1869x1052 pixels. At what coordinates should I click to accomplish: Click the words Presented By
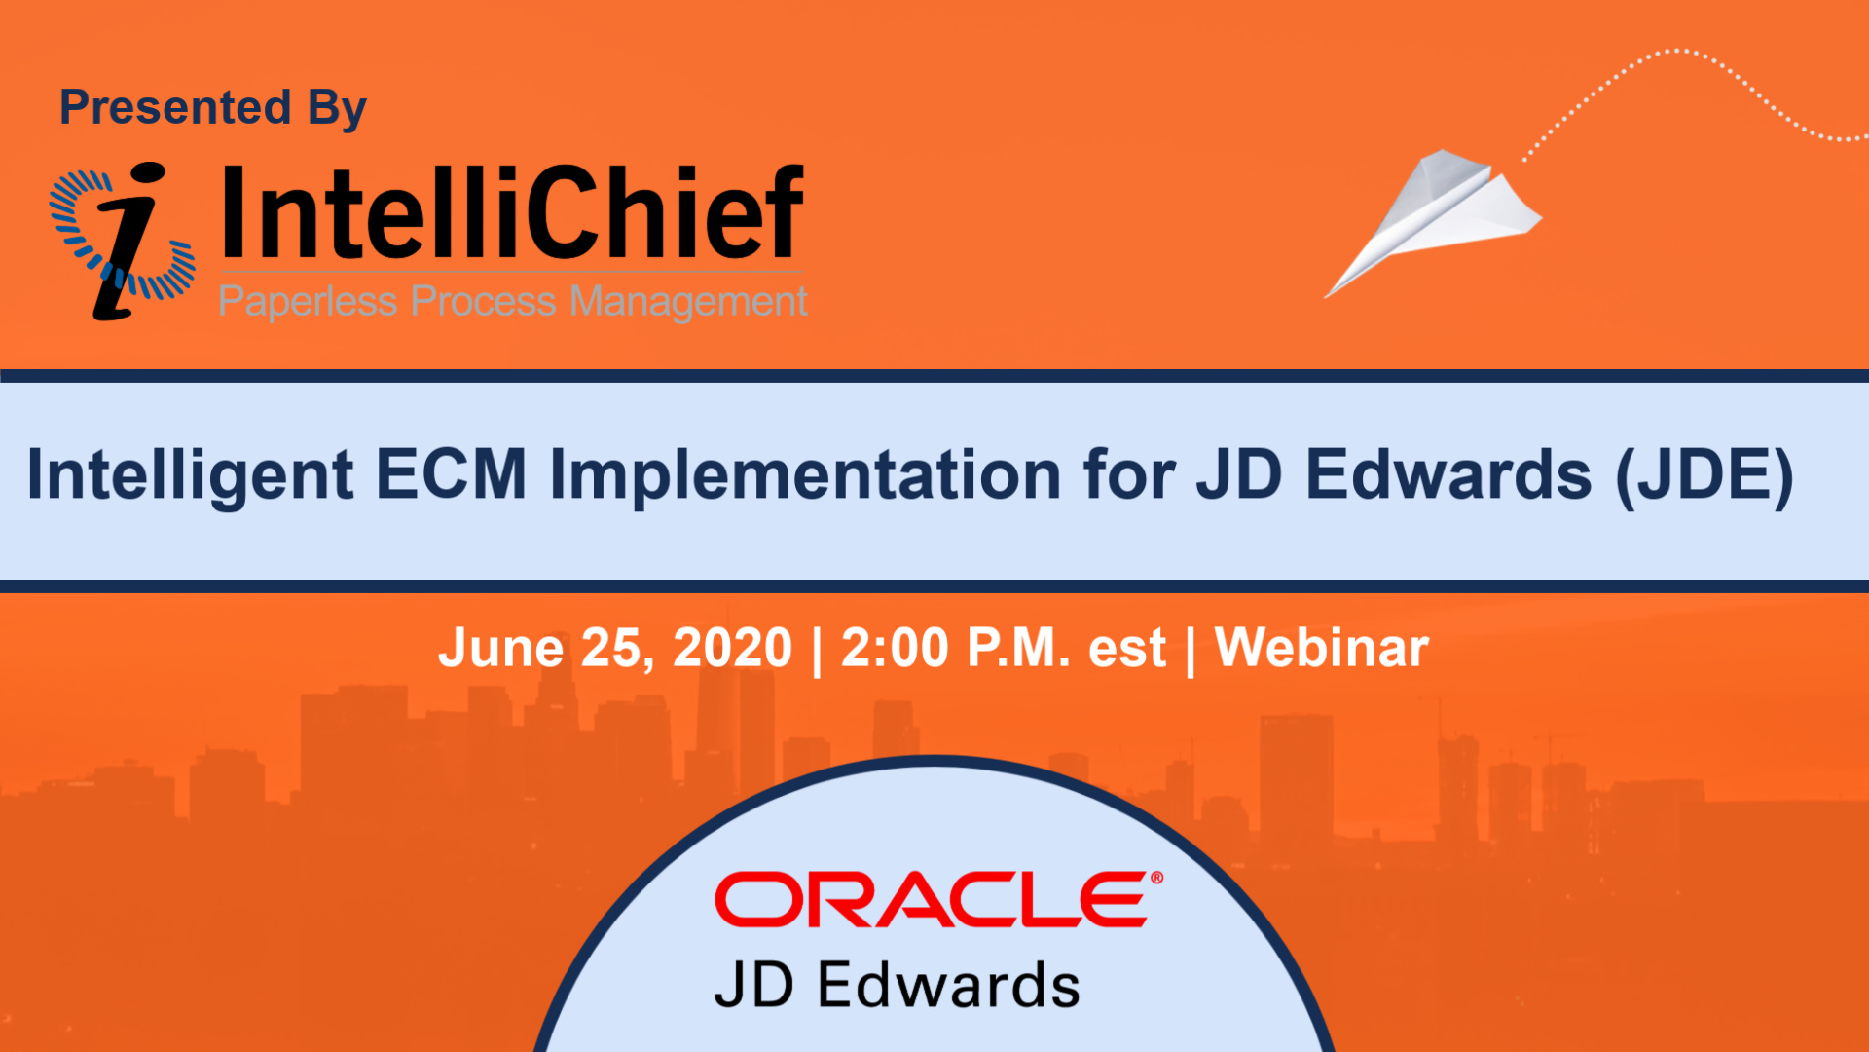tap(213, 108)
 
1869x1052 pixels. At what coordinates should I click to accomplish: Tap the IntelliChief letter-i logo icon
tap(123, 241)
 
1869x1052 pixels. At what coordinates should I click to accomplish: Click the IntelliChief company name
tap(513, 212)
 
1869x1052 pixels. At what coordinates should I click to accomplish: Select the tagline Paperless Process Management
tap(513, 301)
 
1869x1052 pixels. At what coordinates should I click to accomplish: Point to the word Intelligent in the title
tap(190, 476)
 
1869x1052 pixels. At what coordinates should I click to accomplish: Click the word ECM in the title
tap(451, 474)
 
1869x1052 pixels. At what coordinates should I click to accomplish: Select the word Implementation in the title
tap(805, 474)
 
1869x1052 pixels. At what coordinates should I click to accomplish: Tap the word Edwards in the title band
tap(1448, 474)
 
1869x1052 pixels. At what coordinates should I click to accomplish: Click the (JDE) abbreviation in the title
tap(1704, 476)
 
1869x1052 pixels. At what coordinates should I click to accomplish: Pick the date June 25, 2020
tap(615, 649)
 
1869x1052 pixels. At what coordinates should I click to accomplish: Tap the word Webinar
tap(1322, 648)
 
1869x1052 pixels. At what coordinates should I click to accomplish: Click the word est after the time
tap(1126, 651)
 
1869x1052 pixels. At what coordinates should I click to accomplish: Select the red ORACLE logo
tap(938, 899)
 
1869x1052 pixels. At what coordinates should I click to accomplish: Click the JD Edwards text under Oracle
tap(898, 985)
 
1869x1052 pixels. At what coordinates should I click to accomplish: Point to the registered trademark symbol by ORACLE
tap(1156, 878)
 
